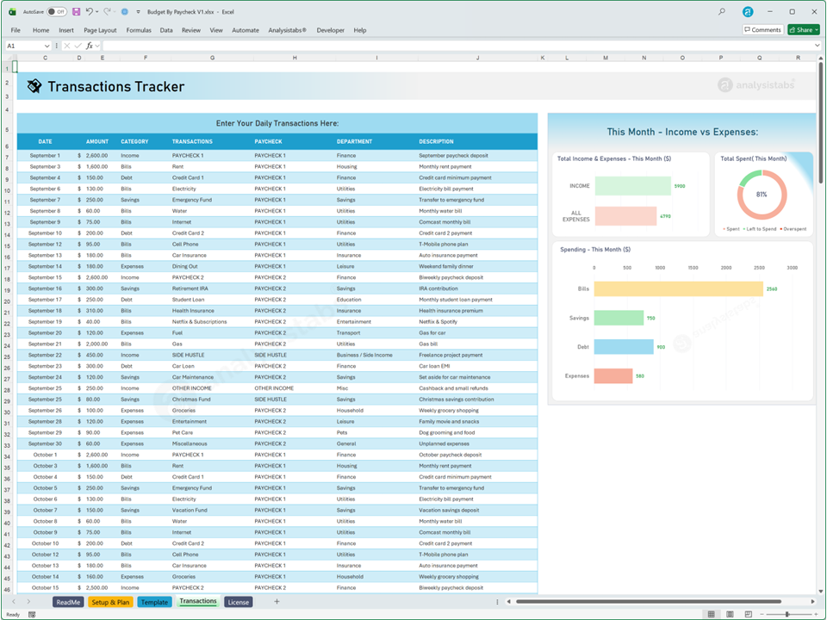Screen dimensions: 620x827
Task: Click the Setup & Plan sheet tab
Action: click(110, 602)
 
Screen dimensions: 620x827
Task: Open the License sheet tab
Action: click(239, 602)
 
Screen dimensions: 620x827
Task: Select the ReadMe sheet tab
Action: click(68, 602)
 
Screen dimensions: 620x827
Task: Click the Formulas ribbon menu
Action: click(139, 30)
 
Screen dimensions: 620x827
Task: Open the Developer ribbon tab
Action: click(331, 30)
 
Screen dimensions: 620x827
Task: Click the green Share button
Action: click(803, 30)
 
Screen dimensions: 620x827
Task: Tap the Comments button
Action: click(762, 30)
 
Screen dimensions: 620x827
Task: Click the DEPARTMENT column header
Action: click(354, 141)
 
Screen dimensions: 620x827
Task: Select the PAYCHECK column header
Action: click(268, 141)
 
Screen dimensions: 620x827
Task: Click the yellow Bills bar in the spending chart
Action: click(678, 289)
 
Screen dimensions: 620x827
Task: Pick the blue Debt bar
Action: click(624, 347)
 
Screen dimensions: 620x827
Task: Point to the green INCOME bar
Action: click(632, 186)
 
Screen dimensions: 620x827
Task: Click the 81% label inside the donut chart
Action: click(762, 195)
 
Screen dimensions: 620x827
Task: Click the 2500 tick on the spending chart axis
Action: click(759, 268)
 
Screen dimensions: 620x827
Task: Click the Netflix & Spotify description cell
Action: click(438, 322)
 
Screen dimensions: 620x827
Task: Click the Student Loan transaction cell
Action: click(188, 300)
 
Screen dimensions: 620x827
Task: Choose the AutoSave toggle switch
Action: click(57, 12)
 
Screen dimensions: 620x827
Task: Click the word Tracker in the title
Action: click(154, 86)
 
